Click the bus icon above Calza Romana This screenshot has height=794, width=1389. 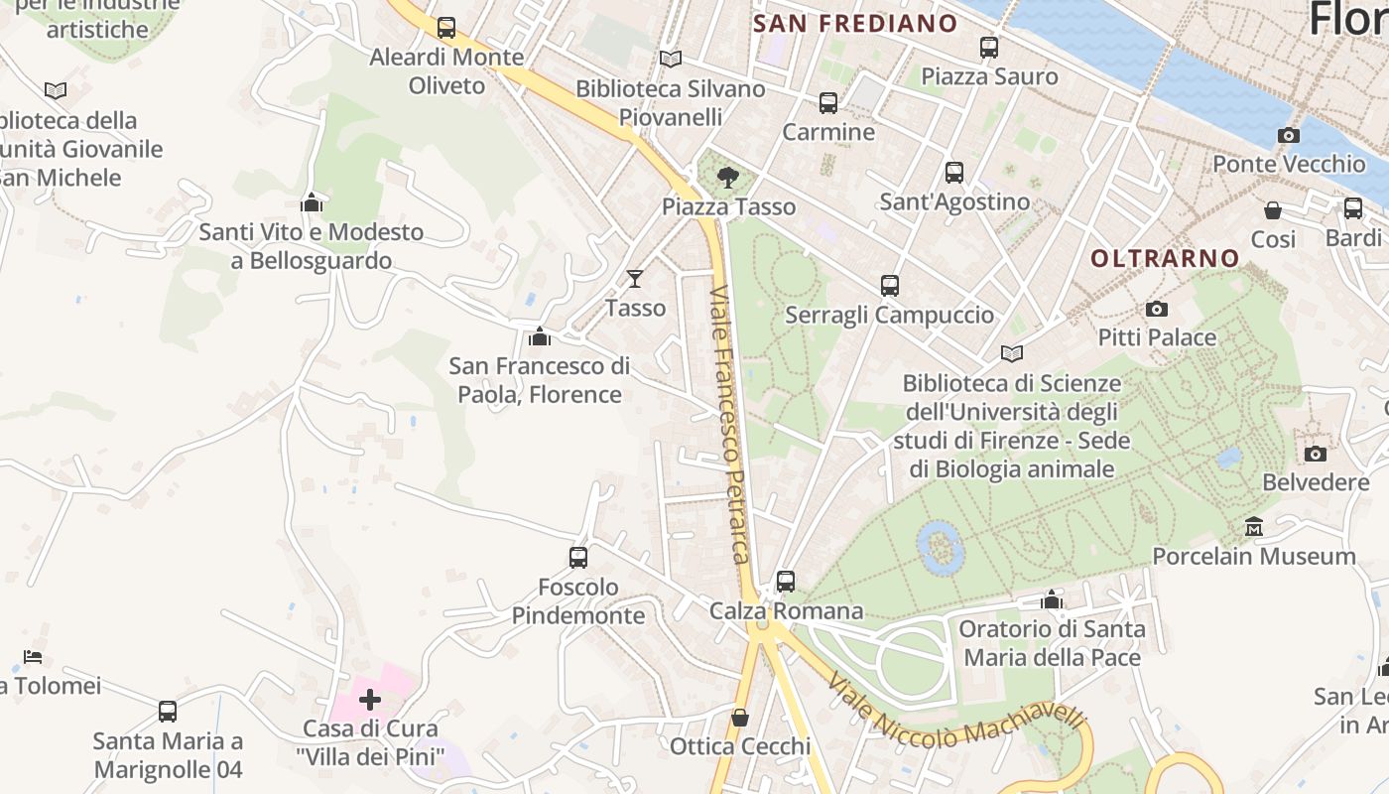(x=786, y=581)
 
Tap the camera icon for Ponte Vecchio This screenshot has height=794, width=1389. (x=1289, y=135)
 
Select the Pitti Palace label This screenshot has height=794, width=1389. (x=1157, y=337)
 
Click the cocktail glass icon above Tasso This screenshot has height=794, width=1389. (x=635, y=279)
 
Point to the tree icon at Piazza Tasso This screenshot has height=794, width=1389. (x=728, y=178)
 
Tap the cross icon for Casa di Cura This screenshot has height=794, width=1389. (x=369, y=700)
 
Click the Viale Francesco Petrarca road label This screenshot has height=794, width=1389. (x=729, y=424)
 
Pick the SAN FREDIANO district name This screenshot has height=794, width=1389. (x=855, y=24)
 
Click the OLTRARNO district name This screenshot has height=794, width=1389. (x=1165, y=258)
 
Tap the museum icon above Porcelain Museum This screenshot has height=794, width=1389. (x=1253, y=526)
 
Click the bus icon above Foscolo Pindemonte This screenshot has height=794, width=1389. (x=578, y=557)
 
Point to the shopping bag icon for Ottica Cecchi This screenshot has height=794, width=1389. (x=740, y=717)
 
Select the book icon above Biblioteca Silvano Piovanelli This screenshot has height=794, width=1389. (x=671, y=60)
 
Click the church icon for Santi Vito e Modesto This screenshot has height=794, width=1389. (x=312, y=202)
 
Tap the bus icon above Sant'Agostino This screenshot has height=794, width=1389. (x=954, y=173)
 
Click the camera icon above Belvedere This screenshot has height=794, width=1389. (x=1316, y=454)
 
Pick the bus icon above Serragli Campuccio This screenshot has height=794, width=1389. (x=890, y=286)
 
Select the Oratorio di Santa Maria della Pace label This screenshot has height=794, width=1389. (x=1052, y=643)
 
